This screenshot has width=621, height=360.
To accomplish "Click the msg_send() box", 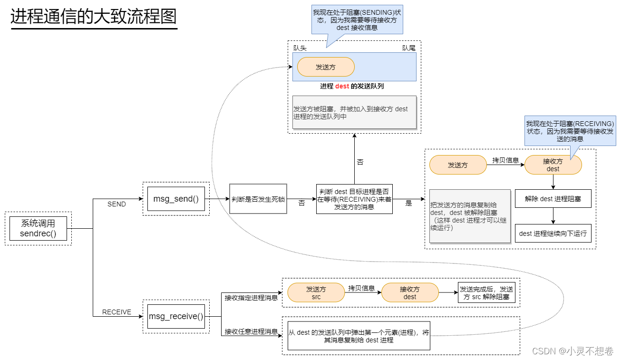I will tap(176, 199).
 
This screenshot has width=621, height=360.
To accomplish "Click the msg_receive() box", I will tap(176, 316).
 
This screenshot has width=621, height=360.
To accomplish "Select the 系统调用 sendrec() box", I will tap(38, 228).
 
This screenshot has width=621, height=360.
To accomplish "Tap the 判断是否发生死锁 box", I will tap(258, 199).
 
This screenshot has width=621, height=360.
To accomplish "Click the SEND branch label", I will tap(116, 204).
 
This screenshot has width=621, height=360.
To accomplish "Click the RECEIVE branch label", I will tap(116, 312).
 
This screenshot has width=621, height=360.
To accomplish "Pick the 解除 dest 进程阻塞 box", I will tap(553, 199).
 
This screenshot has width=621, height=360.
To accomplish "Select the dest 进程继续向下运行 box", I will tap(553, 234).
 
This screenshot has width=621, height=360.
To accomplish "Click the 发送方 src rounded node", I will tap(316, 292).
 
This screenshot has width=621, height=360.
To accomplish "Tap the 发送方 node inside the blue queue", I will tap(326, 67).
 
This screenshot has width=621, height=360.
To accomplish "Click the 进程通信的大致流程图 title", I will tap(94, 16).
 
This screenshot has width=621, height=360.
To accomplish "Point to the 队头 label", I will tap(300, 48).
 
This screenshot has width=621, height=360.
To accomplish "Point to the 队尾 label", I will tap(409, 48).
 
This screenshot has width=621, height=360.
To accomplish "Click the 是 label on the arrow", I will tap(408, 203).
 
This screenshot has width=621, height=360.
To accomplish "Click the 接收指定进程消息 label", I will tap(251, 298).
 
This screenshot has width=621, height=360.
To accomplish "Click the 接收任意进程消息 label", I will tap(251, 331).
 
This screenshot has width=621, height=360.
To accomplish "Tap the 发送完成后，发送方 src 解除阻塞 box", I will tap(486, 292).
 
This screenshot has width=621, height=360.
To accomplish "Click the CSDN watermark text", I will tap(572, 351).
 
